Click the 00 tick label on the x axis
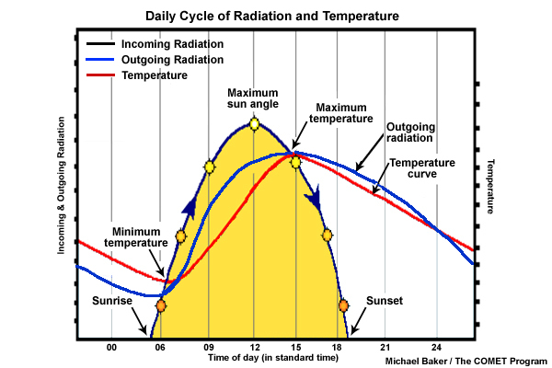pos(111,347)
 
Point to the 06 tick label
pos(161,347)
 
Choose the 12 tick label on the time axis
pos(255,347)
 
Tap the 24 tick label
pos(437,347)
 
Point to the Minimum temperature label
pos(139,237)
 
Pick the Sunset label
pos(385,301)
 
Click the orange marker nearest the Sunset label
pos(343,305)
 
